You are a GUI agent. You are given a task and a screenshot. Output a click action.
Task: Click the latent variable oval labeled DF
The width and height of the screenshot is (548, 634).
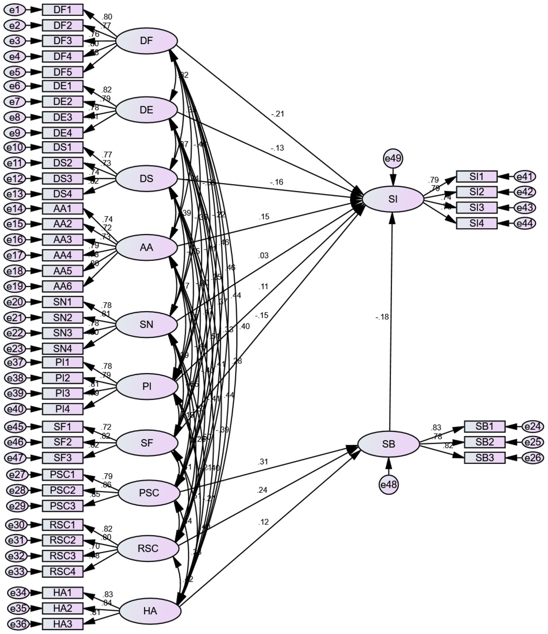[x=146, y=41]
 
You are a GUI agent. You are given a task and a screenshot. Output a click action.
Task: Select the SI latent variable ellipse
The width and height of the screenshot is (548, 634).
[x=393, y=199]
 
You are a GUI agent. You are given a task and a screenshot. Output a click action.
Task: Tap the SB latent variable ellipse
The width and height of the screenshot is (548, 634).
[x=388, y=444]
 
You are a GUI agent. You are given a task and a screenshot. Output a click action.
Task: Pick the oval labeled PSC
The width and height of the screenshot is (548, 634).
[x=149, y=493]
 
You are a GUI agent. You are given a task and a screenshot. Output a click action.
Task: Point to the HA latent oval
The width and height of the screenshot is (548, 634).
[x=150, y=611]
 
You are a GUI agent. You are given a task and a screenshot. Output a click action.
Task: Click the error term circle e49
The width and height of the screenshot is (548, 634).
[x=393, y=159]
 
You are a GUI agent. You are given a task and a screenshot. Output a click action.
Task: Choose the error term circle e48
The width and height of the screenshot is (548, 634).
[x=389, y=484]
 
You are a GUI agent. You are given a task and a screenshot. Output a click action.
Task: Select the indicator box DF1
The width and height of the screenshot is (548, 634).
[x=63, y=10]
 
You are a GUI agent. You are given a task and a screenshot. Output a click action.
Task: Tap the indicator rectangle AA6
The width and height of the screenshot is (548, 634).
[x=63, y=286]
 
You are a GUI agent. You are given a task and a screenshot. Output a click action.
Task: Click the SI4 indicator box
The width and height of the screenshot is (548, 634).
[x=477, y=223]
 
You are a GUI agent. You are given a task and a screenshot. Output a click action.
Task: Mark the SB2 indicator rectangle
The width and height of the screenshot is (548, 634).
[x=484, y=442]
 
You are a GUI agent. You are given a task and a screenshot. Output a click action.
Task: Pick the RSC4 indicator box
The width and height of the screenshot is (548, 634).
[x=63, y=571]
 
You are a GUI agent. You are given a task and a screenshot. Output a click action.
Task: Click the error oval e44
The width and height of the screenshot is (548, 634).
[x=525, y=223]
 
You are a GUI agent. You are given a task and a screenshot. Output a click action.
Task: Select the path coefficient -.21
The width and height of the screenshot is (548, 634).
[x=277, y=114]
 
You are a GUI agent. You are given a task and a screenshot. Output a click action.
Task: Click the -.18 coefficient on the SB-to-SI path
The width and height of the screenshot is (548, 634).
[x=382, y=317]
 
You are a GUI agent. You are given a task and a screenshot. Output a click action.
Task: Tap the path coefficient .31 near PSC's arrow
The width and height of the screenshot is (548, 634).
[x=263, y=462]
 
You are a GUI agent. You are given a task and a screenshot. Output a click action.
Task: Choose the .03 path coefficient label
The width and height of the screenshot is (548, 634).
[x=263, y=255]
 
